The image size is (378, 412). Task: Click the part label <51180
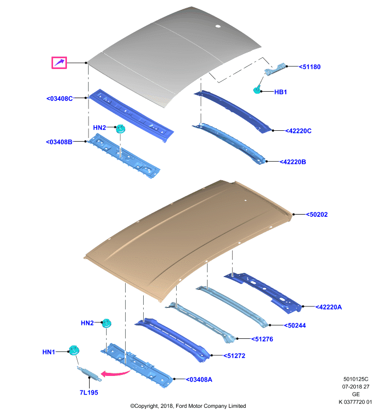pos(310,67)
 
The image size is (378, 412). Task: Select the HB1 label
pos(281,92)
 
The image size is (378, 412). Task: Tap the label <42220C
pos(298,131)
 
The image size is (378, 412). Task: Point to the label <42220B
pos(293,162)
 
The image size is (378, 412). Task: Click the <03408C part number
pos(60,98)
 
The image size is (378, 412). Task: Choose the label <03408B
pos(59,142)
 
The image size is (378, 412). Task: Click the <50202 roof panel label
pos(317,214)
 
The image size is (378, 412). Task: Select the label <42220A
pos(329,307)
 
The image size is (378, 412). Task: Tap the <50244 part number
pos(295,325)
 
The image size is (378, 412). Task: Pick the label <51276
pos(262,339)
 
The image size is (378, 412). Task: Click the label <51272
pos(234,355)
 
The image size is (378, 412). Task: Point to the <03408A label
pos(199,380)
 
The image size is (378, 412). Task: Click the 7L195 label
pos(89,392)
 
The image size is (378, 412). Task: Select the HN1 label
pos(48,352)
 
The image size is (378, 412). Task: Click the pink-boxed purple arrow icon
pos(59,63)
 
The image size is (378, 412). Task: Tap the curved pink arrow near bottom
pos(115,373)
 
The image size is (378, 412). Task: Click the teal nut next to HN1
pos(74,350)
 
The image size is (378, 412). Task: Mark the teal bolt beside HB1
pos(257,90)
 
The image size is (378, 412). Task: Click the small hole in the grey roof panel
pos(218,26)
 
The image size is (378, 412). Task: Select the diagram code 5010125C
pos(356,379)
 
